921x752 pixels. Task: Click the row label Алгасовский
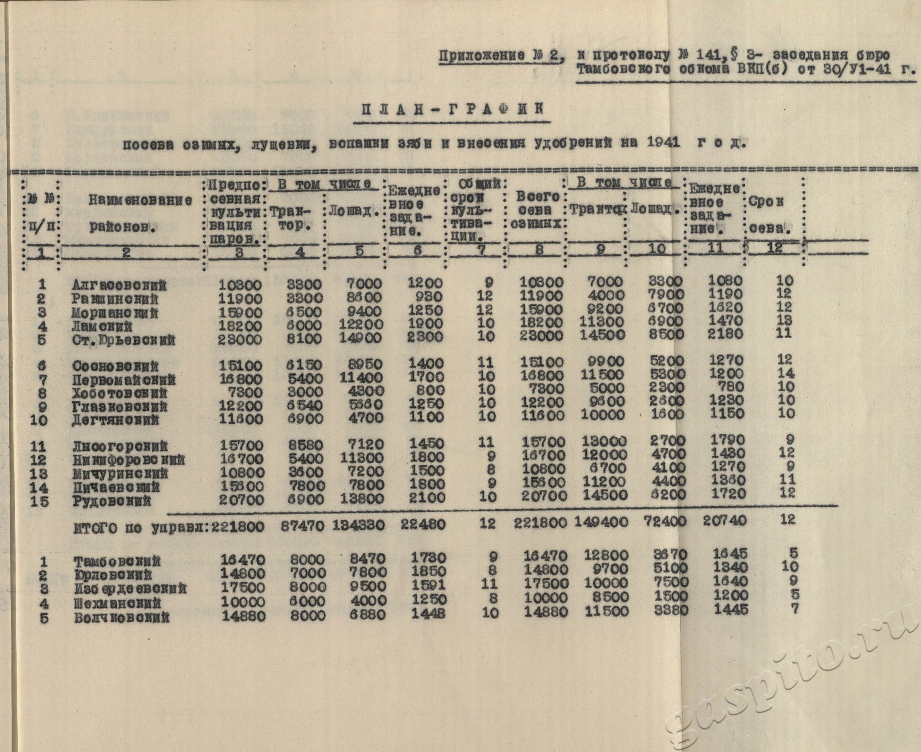[x=119, y=285]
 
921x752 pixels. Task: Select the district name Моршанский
[x=115, y=313]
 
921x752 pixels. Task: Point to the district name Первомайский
[x=124, y=380]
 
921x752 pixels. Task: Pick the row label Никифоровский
[x=128, y=460]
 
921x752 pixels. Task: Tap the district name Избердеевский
[x=130, y=589]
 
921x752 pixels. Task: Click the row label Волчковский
[x=121, y=617]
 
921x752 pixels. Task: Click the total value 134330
[x=358, y=525]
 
